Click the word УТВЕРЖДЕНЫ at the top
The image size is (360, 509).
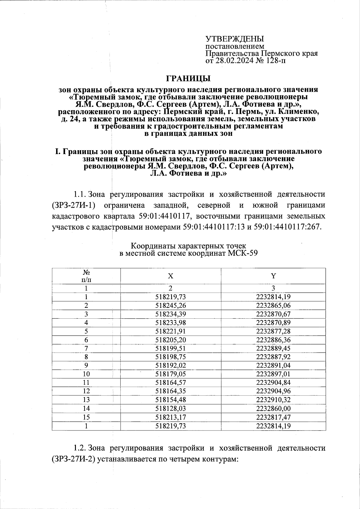coord(234,39)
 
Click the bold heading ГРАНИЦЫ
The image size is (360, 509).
coord(188,79)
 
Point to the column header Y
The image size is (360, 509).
coord(273,276)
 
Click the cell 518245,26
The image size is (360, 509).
coord(170,305)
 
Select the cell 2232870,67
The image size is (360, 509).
coord(273,314)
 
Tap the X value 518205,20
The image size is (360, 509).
coord(170,340)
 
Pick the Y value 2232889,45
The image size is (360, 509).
coord(273,348)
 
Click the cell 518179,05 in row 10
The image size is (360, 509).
coord(170,374)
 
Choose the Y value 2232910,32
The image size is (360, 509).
coord(273,400)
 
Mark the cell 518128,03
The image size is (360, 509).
coord(170,408)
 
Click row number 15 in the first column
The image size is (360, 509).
coord(86,417)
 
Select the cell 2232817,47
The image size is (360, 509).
coord(273,417)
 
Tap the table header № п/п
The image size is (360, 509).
coord(86,276)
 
